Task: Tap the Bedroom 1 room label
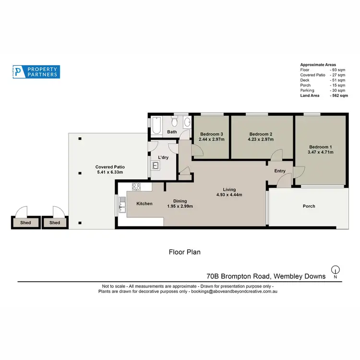321,147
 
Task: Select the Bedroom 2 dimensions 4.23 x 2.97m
261,140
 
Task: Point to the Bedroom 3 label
212,134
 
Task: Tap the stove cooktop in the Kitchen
136,188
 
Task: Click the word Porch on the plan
309,206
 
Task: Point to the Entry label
280,171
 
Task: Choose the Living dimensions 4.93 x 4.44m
229,195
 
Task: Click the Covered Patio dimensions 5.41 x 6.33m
110,172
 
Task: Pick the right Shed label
55,223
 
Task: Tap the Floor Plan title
184,252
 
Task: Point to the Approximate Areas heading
318,65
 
